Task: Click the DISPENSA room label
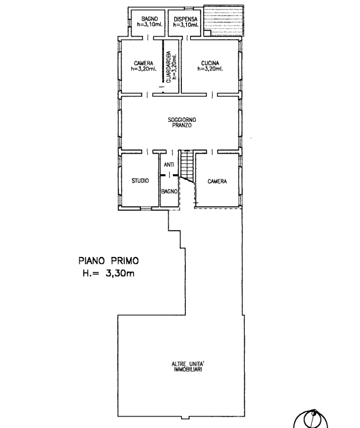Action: (x=186, y=19)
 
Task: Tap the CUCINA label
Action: (x=210, y=63)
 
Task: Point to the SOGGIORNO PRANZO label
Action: (x=182, y=122)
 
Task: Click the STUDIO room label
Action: (x=140, y=181)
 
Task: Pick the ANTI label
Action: (x=169, y=165)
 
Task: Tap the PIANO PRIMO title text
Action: (x=109, y=261)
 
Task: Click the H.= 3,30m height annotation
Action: (x=109, y=273)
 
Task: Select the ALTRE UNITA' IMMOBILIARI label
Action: (x=188, y=366)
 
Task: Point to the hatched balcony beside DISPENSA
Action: (x=224, y=20)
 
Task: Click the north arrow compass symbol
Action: (x=312, y=418)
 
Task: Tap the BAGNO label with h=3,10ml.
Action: (x=149, y=21)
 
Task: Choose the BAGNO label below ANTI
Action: (x=169, y=191)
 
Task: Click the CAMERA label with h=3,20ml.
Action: (x=143, y=66)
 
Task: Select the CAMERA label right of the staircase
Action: (x=217, y=181)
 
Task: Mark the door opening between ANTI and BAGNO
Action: (x=169, y=175)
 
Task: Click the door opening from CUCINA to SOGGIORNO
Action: (x=212, y=94)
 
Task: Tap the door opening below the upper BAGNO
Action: (x=148, y=38)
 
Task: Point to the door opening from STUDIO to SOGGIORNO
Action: (x=147, y=151)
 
